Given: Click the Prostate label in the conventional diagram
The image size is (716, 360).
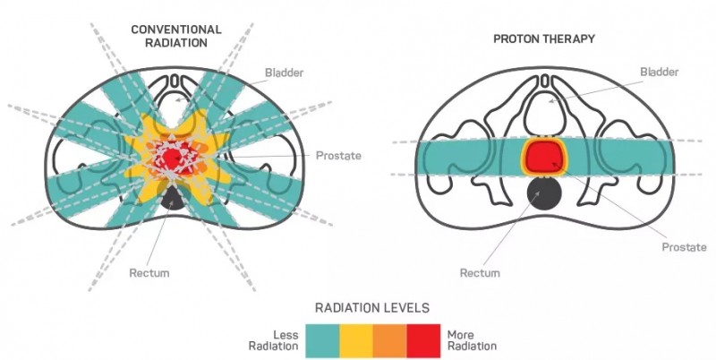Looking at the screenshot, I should click(x=337, y=156).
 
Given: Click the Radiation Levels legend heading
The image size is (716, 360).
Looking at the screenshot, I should click(x=371, y=307).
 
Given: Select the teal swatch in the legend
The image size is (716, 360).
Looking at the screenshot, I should click(x=322, y=339).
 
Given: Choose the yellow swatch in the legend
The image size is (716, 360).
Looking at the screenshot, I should click(x=355, y=339).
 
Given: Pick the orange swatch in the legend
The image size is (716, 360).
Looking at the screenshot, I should click(x=389, y=339).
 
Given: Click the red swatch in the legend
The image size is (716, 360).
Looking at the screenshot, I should click(x=423, y=339).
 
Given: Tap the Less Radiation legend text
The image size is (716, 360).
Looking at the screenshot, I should click(x=274, y=339).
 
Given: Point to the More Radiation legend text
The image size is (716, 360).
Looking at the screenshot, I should click(x=471, y=339).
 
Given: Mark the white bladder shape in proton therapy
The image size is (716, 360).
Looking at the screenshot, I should click(x=545, y=112).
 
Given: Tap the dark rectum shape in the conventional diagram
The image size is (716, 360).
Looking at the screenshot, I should click(x=173, y=201).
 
